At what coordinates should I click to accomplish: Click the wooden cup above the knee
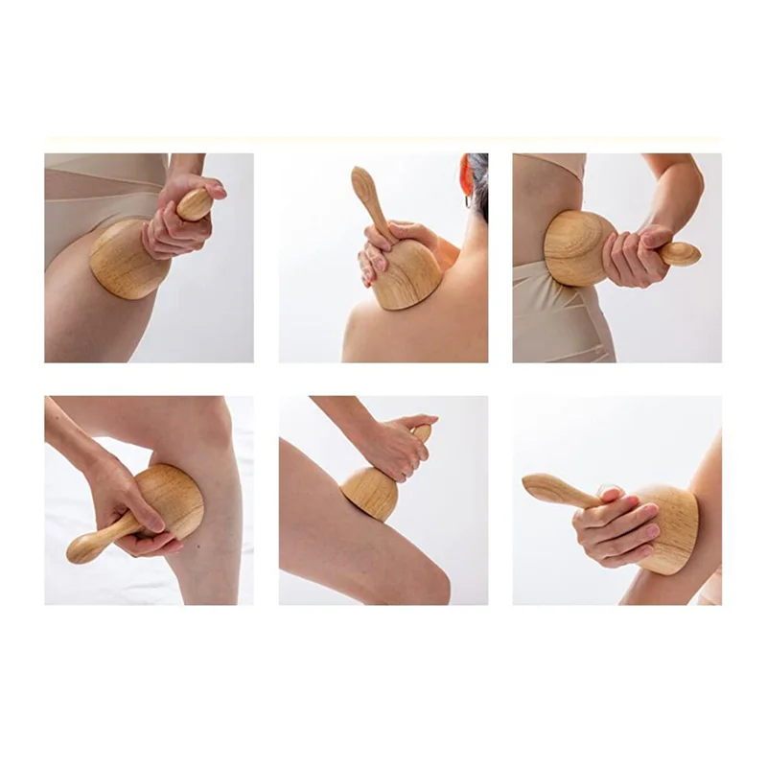click(x=369, y=492)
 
